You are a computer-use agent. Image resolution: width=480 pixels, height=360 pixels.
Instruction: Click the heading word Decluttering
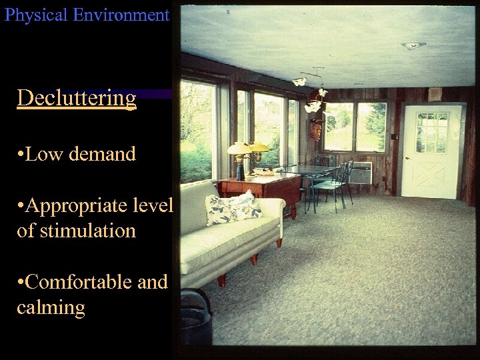click(x=77, y=98)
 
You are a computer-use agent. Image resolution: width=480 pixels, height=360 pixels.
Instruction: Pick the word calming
click(x=51, y=308)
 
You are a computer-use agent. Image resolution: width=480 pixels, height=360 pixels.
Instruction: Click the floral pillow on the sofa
click(x=233, y=207)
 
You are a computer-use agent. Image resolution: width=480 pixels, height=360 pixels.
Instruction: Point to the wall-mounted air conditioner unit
click(x=360, y=173)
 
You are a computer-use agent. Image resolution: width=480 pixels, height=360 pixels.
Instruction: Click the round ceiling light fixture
click(x=413, y=45)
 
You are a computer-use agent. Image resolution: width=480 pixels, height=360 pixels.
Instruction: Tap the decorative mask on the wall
click(x=315, y=129)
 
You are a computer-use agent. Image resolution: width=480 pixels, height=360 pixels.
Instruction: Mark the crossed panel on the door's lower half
click(x=432, y=174)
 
